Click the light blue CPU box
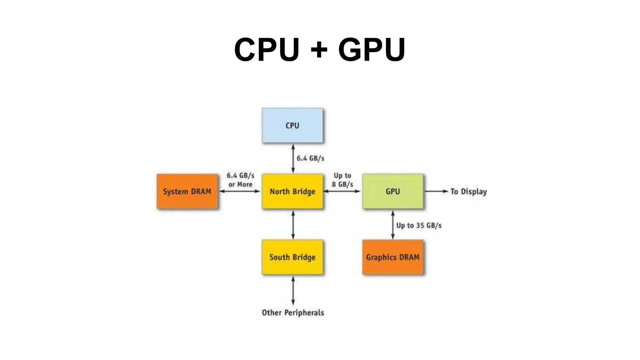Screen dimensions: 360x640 [292, 125]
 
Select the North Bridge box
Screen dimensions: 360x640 [292, 191]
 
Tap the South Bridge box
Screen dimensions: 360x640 [292, 257]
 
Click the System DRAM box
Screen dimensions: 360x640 [187, 191]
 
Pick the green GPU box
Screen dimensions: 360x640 [393, 191]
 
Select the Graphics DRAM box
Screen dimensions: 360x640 [393, 257]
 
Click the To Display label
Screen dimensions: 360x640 [468, 192]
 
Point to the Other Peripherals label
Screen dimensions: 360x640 [293, 312]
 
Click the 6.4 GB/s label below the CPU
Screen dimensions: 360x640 [310, 158]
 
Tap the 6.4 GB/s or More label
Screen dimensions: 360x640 [240, 180]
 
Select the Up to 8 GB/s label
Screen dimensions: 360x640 [342, 180]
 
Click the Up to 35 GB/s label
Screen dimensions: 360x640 [419, 225]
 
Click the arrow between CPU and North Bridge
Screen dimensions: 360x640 [293, 158]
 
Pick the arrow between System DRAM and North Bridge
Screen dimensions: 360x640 [240, 191]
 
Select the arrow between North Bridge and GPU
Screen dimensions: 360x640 [342, 191]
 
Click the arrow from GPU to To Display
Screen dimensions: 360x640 [436, 191]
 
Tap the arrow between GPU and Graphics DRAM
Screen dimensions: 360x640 [393, 225]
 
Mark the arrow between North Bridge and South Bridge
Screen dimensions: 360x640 [293, 225]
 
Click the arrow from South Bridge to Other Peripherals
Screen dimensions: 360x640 [293, 291]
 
